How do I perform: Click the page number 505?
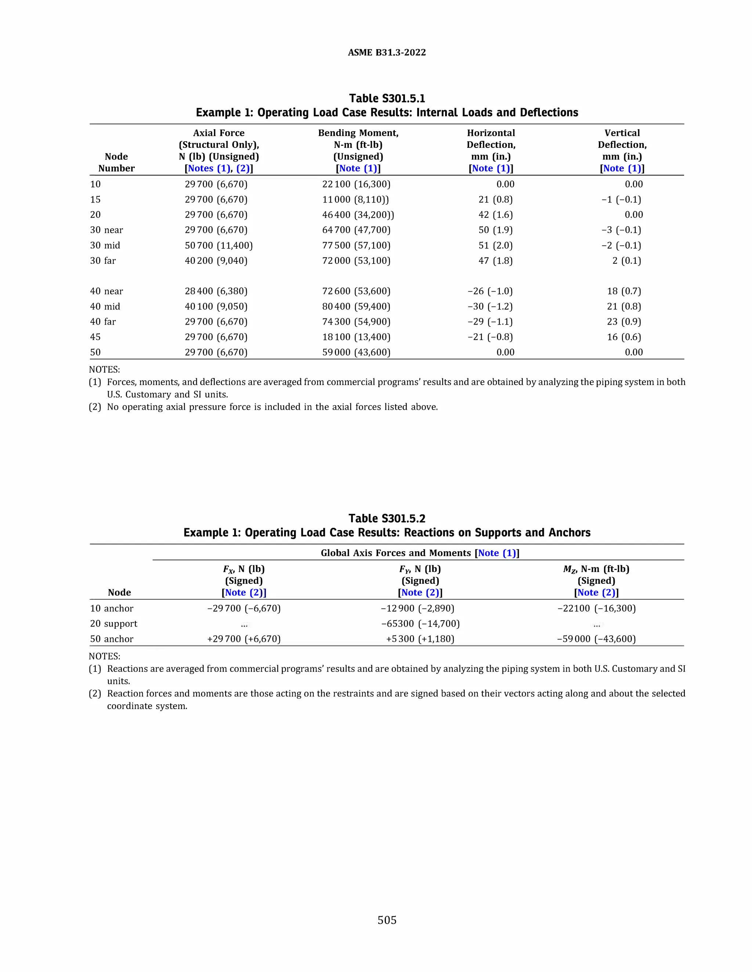pyautogui.click(x=387, y=920)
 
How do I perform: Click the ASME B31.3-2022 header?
pyautogui.click(x=387, y=52)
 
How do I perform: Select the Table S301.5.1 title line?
pyautogui.click(x=387, y=98)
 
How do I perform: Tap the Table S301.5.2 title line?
pyautogui.click(x=387, y=519)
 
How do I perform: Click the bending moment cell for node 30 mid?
pyautogui.click(x=356, y=245)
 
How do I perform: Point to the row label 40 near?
pyautogui.click(x=106, y=291)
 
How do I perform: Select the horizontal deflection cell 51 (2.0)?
pyautogui.click(x=495, y=245)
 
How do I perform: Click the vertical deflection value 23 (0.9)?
pyautogui.click(x=624, y=321)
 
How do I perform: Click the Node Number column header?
pyautogui.click(x=116, y=162)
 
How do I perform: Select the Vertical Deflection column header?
pyautogui.click(x=622, y=139)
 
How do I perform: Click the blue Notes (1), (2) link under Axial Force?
pyautogui.click(x=219, y=168)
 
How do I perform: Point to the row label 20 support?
pyautogui.click(x=113, y=624)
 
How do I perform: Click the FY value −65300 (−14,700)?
pyautogui.click(x=420, y=624)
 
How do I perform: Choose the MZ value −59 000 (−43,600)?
pyautogui.click(x=596, y=639)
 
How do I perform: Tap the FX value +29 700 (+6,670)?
pyautogui.click(x=244, y=639)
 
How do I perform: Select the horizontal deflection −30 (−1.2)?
pyautogui.click(x=490, y=306)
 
